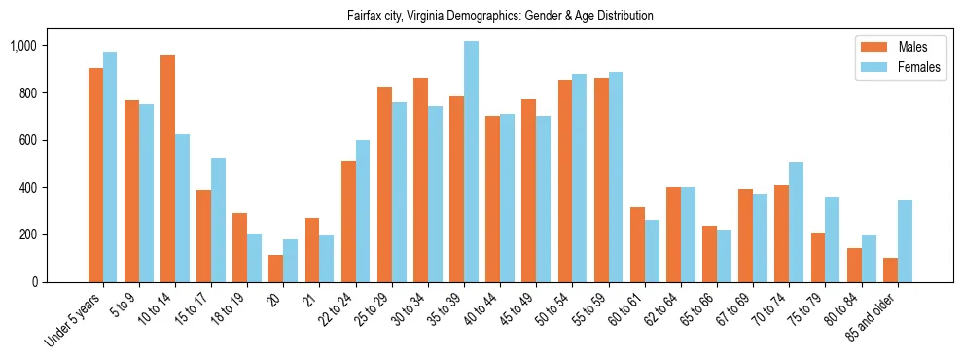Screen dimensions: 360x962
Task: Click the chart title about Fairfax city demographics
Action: coord(500,17)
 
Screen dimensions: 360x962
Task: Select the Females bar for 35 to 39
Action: coord(471,162)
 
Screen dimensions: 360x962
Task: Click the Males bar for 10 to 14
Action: coord(167,168)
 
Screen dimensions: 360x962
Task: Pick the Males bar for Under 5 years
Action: coord(95,175)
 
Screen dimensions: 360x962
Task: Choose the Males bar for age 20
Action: coord(276,269)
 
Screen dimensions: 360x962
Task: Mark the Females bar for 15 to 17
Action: coord(218,220)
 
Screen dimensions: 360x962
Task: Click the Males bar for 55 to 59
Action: coord(601,180)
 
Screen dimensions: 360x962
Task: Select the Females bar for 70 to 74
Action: coord(796,222)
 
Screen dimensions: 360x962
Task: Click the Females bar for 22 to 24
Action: coord(363,211)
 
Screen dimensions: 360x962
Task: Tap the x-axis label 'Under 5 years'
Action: coord(74,321)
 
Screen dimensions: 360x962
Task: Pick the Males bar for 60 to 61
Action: coord(637,244)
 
